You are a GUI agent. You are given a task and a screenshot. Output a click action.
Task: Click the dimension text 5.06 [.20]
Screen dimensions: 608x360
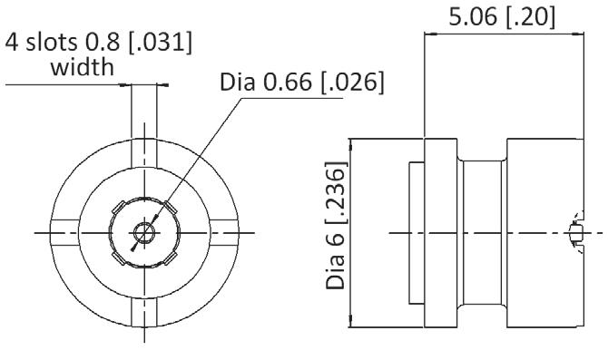coord(502,16)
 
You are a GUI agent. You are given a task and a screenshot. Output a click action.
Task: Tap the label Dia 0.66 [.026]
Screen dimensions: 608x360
coord(302,82)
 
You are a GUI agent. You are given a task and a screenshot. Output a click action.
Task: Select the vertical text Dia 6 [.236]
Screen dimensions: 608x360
coord(336,226)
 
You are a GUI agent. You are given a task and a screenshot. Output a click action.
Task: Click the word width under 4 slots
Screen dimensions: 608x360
coord(83,67)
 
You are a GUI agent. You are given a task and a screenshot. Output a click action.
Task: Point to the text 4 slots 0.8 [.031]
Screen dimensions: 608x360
coord(99,42)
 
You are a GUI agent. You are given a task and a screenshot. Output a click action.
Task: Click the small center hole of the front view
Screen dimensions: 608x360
coord(144,233)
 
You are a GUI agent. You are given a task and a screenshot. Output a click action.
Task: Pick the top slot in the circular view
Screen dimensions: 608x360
coord(144,153)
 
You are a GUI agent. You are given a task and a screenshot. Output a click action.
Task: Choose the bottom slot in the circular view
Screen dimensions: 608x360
coord(144,313)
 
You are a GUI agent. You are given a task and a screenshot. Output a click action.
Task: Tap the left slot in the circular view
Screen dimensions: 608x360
coord(64,233)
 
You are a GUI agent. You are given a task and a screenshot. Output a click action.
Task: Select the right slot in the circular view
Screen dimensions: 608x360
coord(224,233)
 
